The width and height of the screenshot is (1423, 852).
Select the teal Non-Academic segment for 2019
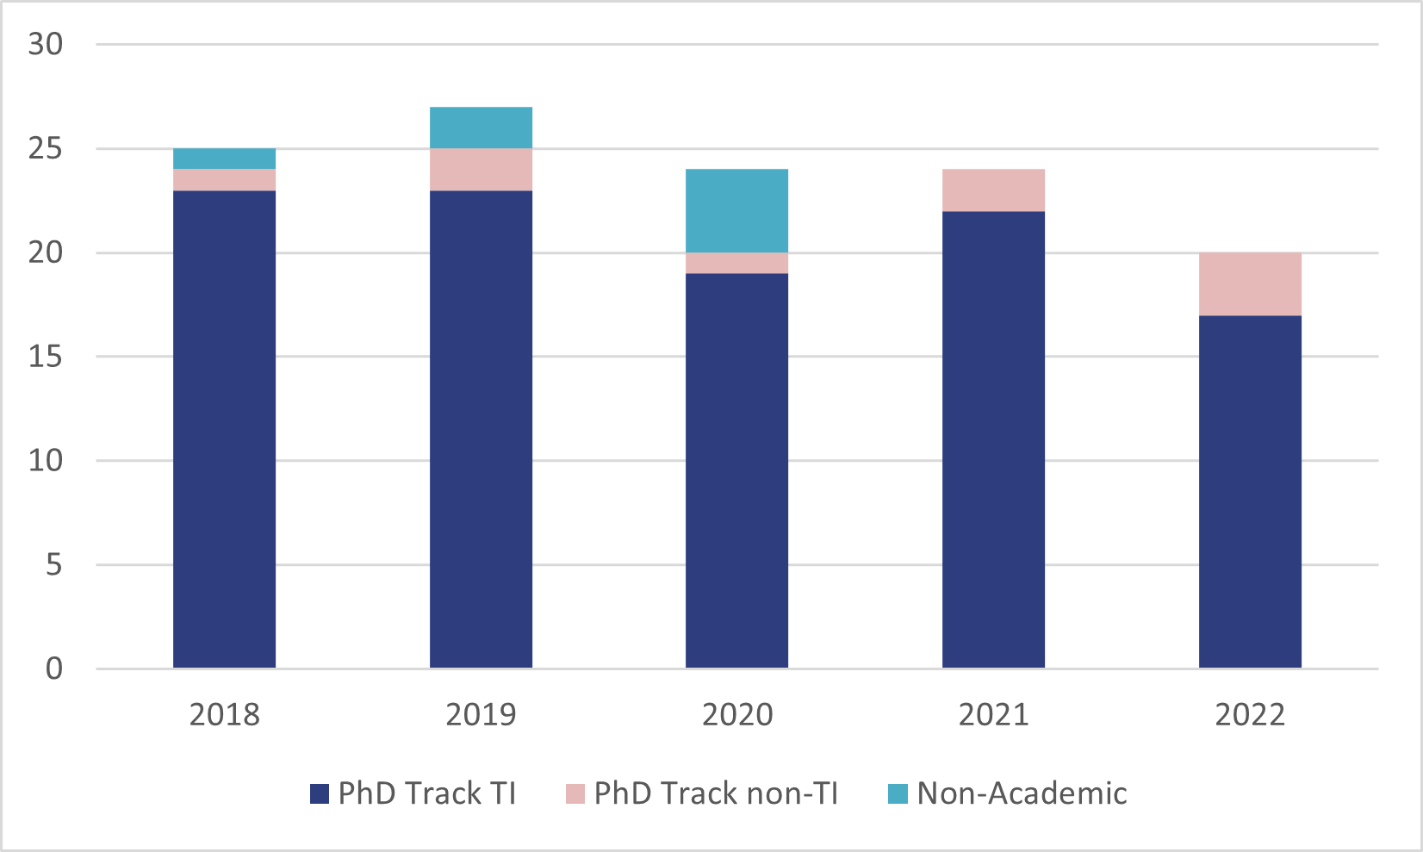pyautogui.click(x=481, y=127)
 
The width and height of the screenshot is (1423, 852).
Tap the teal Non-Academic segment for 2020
pyautogui.click(x=736, y=210)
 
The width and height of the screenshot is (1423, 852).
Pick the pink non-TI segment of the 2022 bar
pyautogui.click(x=1250, y=284)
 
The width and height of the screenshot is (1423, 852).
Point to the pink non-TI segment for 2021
pyautogui.click(x=993, y=190)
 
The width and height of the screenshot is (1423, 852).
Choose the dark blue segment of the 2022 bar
pyautogui.click(x=1250, y=491)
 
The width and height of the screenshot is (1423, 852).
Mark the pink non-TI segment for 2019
pyautogui.click(x=481, y=170)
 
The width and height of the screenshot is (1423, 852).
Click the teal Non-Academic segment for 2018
pyautogui.click(x=224, y=159)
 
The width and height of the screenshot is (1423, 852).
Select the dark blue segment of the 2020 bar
pyautogui.click(x=736, y=470)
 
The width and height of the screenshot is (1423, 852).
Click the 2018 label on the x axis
pyautogui.click(x=224, y=714)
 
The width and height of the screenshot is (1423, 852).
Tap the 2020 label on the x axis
pyautogui.click(x=737, y=714)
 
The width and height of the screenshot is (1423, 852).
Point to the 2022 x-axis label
pyautogui.click(x=1250, y=714)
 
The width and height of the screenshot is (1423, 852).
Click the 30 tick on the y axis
pyautogui.click(x=46, y=44)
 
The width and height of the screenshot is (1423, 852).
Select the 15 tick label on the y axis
pyautogui.click(x=46, y=357)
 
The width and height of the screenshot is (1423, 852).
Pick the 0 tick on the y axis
pyautogui.click(x=54, y=669)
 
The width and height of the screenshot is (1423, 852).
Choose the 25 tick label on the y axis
pyautogui.click(x=46, y=149)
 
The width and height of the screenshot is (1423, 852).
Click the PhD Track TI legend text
pyautogui.click(x=426, y=793)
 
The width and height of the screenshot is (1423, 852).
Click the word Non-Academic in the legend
pyautogui.click(x=1022, y=793)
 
